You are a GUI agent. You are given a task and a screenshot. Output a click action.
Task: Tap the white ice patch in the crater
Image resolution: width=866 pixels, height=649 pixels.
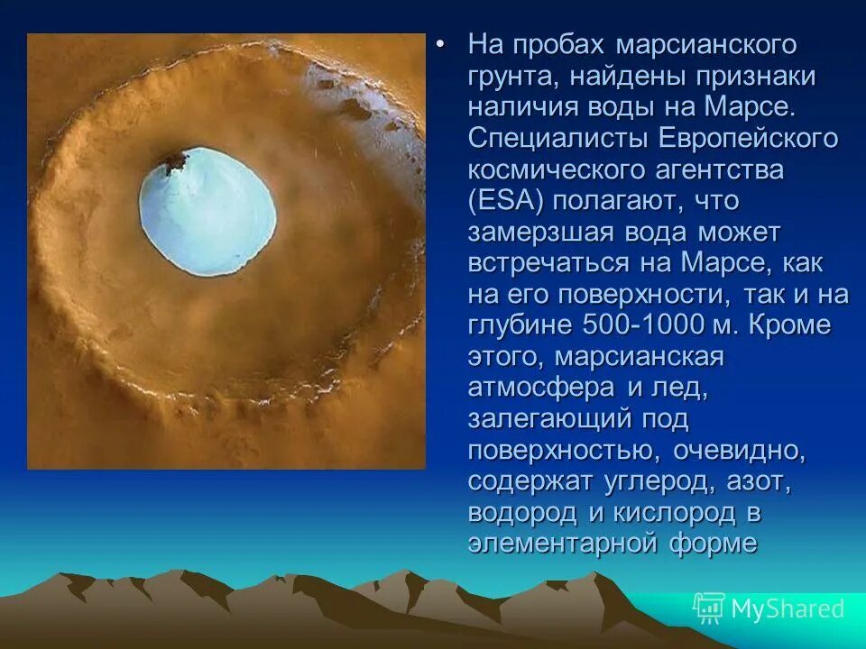pyautogui.click(x=207, y=213)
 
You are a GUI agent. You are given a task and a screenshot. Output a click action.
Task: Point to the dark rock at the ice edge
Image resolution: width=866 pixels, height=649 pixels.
pyautogui.click(x=173, y=163)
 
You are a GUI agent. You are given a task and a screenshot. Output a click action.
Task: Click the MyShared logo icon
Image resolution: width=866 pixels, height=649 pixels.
pyautogui.click(x=709, y=608)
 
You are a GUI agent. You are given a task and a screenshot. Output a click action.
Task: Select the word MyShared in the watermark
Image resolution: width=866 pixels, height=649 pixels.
pyautogui.click(x=788, y=609)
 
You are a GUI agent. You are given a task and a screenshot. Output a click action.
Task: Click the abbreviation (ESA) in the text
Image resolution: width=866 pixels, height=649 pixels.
pyautogui.click(x=506, y=200)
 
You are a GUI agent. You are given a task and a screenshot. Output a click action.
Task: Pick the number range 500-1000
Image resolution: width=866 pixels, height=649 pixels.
pyautogui.click(x=636, y=325)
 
